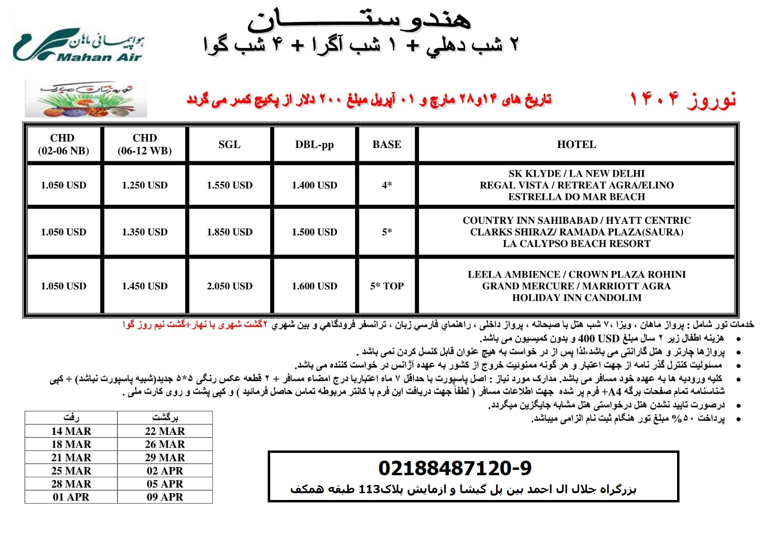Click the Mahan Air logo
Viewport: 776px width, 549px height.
point(78,46)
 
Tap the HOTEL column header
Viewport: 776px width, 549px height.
point(576,144)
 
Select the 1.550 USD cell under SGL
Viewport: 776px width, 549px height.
point(229,185)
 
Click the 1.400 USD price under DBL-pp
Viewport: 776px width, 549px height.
point(314,185)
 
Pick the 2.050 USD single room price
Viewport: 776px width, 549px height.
point(229,286)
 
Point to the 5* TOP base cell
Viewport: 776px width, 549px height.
point(387,286)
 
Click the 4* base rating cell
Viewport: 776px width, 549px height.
point(387,185)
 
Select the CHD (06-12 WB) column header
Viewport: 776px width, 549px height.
point(145,144)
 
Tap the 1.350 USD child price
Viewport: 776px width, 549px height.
point(145,232)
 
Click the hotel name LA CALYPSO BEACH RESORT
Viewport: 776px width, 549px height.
point(576,244)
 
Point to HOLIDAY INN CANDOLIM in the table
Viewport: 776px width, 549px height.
point(576,298)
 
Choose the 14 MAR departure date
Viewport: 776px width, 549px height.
point(71,431)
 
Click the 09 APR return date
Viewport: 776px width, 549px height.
point(165,497)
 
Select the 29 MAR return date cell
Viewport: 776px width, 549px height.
point(165,457)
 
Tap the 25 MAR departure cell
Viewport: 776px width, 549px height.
point(71,470)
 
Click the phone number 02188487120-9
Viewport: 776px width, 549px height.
point(454,468)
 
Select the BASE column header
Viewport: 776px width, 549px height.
point(387,144)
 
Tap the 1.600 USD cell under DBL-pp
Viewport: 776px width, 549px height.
point(314,286)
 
